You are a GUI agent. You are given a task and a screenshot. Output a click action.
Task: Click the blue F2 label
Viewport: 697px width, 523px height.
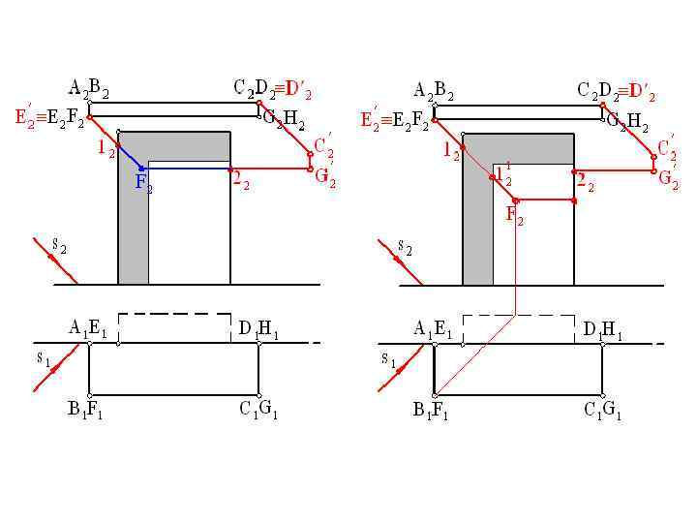pos(143,182)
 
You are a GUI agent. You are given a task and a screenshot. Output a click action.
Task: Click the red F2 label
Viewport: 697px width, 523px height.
pos(514,216)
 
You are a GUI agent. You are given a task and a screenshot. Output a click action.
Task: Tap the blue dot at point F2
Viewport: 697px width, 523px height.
pos(141,169)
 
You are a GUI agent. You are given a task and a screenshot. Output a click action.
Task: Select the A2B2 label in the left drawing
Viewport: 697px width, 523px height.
pos(88,91)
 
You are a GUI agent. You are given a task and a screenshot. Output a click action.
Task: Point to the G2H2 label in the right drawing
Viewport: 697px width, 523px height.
pos(628,123)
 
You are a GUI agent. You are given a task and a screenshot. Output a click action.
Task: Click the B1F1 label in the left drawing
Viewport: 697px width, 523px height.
pos(85,410)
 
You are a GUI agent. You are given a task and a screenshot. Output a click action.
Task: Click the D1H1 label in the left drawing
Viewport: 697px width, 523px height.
pos(258,329)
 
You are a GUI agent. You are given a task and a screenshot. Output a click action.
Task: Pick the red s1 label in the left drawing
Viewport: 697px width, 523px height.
pos(45,359)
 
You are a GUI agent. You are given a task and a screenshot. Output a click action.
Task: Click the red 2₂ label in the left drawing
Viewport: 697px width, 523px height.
pos(240,179)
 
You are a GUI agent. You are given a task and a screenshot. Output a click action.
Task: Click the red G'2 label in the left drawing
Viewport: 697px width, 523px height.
pos(325,178)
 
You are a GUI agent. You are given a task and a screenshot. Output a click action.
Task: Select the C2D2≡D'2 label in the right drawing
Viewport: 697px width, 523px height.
pos(616,92)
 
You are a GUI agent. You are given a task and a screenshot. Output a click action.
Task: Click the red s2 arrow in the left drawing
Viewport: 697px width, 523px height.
pos(53,260)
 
